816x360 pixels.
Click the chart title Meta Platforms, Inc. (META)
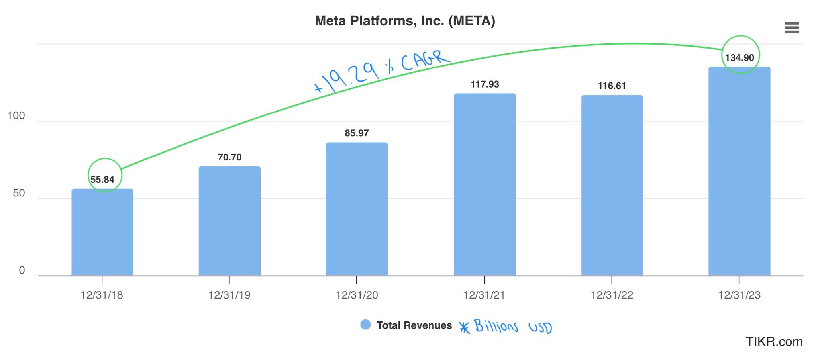[x=405, y=21]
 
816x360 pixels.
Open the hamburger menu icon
[x=791, y=28]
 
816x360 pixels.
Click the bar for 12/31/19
[x=229, y=221]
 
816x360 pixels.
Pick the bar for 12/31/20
[x=357, y=209]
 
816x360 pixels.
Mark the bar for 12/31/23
[x=739, y=171]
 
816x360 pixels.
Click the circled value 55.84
[x=102, y=179]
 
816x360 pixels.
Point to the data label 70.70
[x=229, y=157]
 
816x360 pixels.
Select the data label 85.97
[x=357, y=133]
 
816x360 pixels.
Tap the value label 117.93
[x=485, y=84]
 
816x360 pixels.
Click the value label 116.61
[x=612, y=86]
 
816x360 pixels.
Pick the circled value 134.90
[x=739, y=58]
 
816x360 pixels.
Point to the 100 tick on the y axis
[x=16, y=116]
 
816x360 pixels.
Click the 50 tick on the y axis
[x=19, y=193]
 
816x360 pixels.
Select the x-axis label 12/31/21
[x=484, y=295]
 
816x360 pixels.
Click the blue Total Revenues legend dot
[x=365, y=325]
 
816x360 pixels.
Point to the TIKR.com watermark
[x=774, y=342]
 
